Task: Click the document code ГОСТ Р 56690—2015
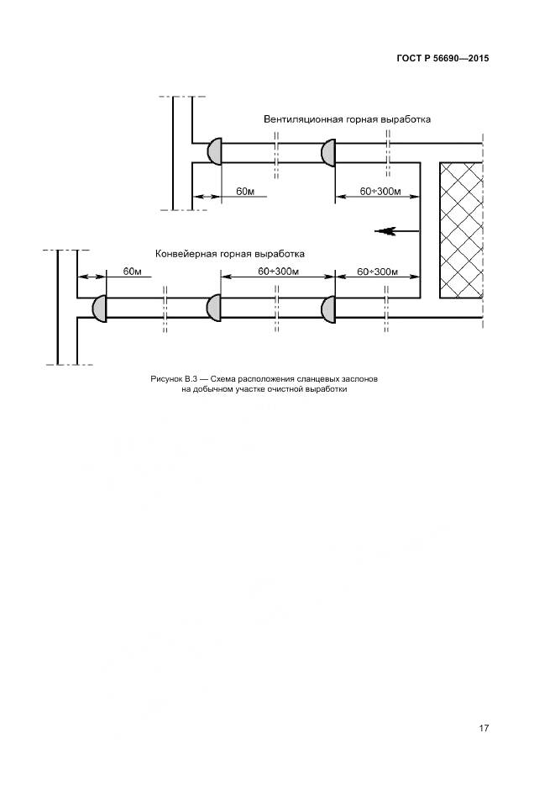click(442, 59)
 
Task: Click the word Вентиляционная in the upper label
click(300, 119)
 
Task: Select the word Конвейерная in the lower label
click(186, 253)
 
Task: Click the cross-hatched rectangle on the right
click(461, 231)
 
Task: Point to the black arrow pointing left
click(386, 230)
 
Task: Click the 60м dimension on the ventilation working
click(245, 193)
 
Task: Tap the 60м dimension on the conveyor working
click(132, 271)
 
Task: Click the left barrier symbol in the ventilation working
click(214, 152)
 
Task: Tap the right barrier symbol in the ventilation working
click(328, 152)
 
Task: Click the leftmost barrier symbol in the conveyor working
click(100, 309)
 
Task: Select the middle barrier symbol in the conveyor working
click(214, 309)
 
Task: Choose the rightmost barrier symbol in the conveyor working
click(328, 309)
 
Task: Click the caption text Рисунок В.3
click(173, 380)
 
